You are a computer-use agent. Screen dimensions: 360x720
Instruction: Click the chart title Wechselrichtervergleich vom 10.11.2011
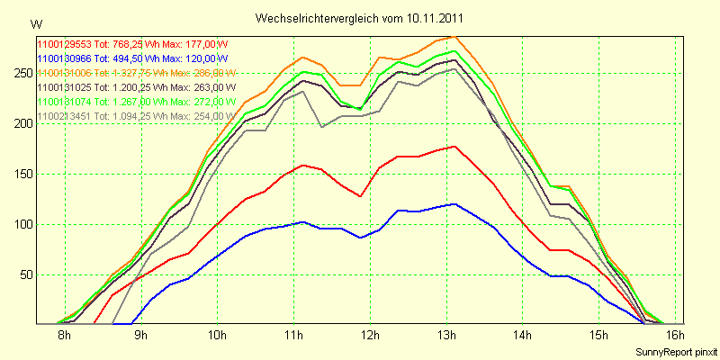[x=360, y=18]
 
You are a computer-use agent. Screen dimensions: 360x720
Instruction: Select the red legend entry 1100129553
[x=135, y=43]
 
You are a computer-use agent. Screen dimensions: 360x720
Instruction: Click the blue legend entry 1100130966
[x=135, y=58]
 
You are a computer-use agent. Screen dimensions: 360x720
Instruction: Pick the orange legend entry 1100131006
[x=135, y=73]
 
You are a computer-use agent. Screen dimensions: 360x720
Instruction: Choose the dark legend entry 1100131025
[x=135, y=87]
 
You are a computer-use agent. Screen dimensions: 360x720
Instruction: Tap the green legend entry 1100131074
[x=135, y=102]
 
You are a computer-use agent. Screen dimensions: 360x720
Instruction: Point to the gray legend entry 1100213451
[x=135, y=116]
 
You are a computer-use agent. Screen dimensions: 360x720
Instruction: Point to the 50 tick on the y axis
[x=21, y=274]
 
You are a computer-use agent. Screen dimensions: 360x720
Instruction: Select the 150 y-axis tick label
[x=18, y=174]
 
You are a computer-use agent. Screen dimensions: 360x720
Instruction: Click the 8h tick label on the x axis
[x=64, y=337]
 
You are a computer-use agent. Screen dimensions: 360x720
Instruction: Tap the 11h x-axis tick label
[x=293, y=337]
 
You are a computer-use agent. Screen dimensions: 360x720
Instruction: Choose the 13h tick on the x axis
[x=446, y=337]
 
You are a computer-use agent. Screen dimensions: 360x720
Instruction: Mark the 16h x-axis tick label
[x=676, y=337]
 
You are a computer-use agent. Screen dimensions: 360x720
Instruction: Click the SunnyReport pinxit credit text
[x=675, y=351]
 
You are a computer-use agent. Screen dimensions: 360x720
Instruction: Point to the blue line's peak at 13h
[x=455, y=204]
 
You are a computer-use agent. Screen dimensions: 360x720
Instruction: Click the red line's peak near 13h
[x=455, y=147]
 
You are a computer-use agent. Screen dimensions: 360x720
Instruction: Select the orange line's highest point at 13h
[x=454, y=37]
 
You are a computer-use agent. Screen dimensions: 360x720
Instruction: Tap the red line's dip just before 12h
[x=360, y=196]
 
